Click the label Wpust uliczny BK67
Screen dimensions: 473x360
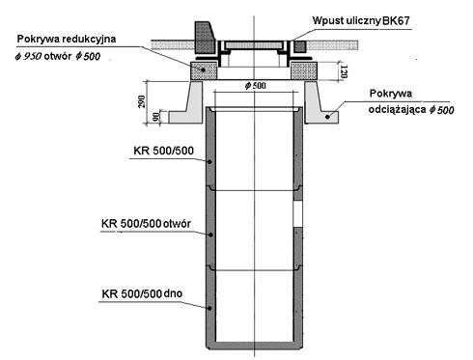coord(361,21)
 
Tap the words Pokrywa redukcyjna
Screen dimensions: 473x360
coord(67,39)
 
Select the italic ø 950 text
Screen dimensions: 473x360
coord(28,56)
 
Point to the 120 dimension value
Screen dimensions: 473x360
coord(344,71)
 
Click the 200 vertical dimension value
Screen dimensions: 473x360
coord(142,101)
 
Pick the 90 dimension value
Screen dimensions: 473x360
coord(156,117)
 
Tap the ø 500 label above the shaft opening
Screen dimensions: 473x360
coord(255,86)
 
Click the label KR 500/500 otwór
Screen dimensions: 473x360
coord(146,224)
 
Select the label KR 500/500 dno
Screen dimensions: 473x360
coord(142,293)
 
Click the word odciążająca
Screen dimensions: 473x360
coord(398,110)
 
